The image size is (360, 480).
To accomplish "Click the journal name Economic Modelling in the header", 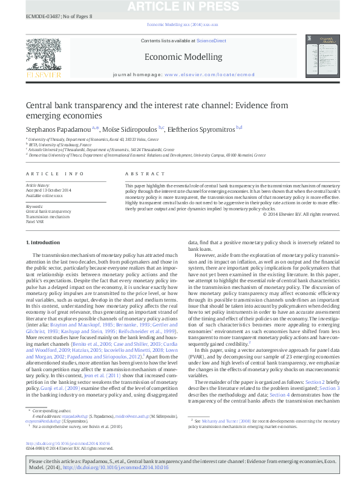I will (x=183, y=57).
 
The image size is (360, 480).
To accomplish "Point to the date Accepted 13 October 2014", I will (x=50, y=190).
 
